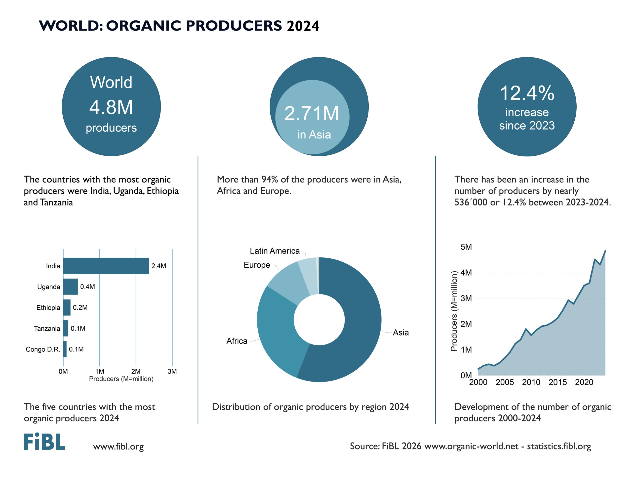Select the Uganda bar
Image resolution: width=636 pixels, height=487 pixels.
point(70,287)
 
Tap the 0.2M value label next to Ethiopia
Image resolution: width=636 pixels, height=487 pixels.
point(80,308)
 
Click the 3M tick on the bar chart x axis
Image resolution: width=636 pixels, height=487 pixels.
point(172,371)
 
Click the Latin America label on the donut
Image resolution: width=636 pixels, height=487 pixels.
point(275,251)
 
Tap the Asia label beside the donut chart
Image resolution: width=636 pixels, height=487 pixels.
point(401,333)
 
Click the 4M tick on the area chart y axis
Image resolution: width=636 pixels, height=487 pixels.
point(466,273)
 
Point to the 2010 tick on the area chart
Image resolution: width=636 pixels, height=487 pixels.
point(531,382)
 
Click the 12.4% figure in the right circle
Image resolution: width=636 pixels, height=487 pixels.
point(527,93)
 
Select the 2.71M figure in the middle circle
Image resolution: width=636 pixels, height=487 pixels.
point(312,113)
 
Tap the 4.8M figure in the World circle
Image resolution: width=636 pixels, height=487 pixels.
point(111,107)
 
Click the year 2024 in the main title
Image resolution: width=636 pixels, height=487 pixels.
point(303,26)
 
